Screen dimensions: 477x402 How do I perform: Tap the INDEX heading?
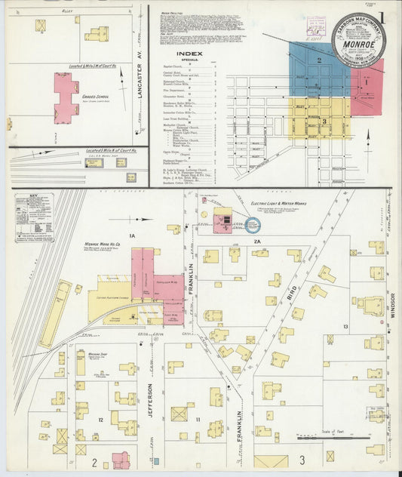tap(189, 54)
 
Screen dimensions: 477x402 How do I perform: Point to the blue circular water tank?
tap(252, 225)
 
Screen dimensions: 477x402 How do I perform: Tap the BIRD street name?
tap(292, 289)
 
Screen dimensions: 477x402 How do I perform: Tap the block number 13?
tap(345, 326)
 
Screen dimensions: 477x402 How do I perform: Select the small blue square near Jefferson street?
tap(156, 460)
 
